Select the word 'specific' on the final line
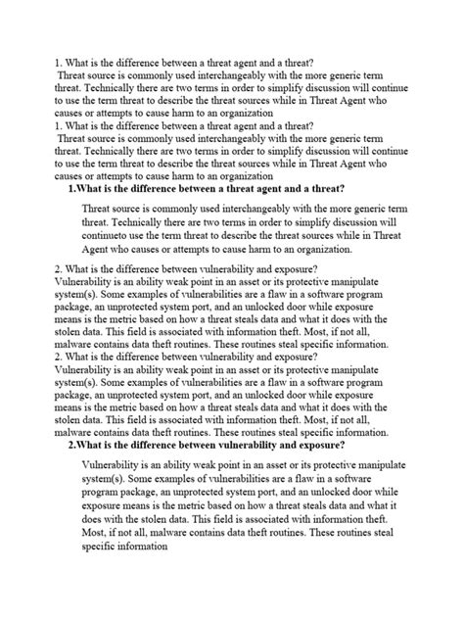(105, 548)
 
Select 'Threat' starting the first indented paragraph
(101, 209)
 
